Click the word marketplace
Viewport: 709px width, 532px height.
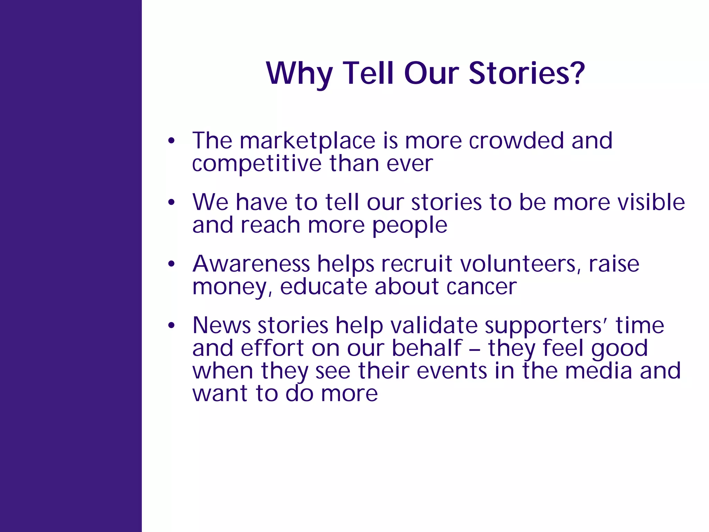[x=307, y=141]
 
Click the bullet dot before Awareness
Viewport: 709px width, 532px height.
[x=171, y=264]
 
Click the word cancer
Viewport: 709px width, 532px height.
[x=481, y=287]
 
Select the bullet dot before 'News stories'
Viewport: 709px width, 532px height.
[x=171, y=326]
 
